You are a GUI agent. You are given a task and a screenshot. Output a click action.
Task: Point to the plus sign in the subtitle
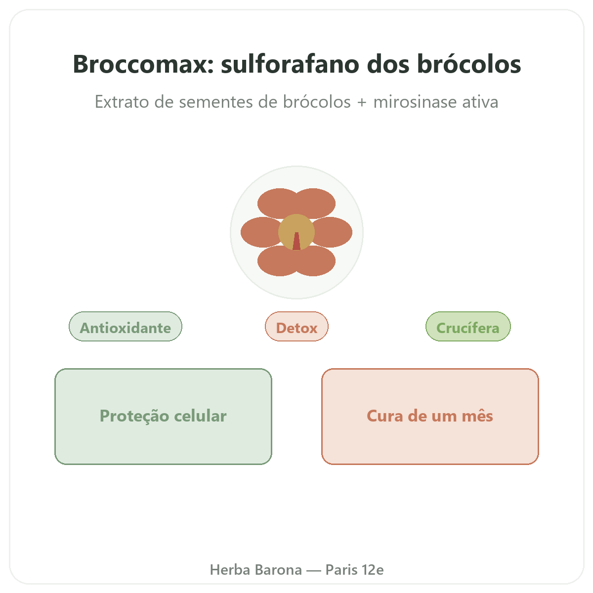coord(362,102)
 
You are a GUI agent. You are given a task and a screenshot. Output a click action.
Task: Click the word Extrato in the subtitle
coord(122,102)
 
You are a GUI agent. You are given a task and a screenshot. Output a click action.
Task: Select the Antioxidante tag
coord(125,326)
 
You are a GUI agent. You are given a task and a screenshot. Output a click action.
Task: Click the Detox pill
coord(296,326)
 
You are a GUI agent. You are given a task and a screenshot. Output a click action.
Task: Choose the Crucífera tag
coord(468,326)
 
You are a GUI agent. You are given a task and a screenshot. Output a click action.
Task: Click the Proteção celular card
coord(163,417)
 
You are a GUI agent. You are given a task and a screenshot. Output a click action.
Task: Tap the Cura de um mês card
coord(430,417)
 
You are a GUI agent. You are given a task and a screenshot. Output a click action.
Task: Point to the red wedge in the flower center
coord(296,242)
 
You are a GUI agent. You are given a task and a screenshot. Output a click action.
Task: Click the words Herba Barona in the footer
coord(255,570)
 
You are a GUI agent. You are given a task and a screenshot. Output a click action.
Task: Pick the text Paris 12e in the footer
coord(354,570)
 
